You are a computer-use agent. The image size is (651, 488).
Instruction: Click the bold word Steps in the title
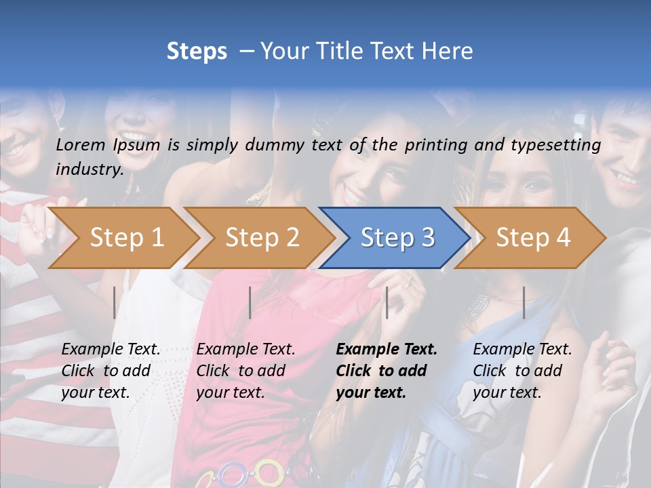pos(197,51)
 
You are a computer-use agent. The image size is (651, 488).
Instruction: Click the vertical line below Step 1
pos(115,302)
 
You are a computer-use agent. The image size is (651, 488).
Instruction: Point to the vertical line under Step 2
pos(250,302)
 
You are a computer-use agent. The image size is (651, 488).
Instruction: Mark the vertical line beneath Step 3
pos(387,302)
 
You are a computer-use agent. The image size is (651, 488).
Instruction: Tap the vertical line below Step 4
pos(524,302)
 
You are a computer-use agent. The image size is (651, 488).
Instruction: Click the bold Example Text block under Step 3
pos(387,371)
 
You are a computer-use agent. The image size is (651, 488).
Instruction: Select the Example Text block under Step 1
pos(111,371)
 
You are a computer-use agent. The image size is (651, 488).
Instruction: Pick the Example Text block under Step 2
pos(245,371)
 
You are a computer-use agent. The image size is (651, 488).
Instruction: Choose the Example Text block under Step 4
pos(522,371)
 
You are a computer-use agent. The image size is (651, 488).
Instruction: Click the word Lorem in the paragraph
pos(81,144)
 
